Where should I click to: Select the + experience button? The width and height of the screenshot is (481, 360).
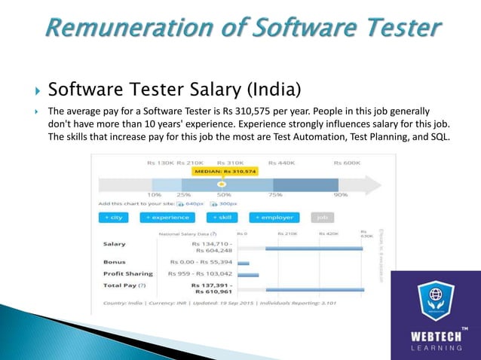click(x=168, y=217)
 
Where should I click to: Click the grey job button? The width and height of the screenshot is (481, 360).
click(x=322, y=217)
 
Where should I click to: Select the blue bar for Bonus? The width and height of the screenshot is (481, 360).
click(x=244, y=263)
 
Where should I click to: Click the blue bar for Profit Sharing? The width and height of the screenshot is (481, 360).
click(x=248, y=274)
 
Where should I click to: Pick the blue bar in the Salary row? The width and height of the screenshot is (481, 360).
click(x=314, y=248)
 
